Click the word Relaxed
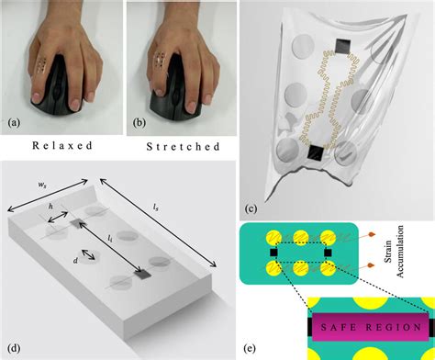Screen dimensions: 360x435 (x=59, y=145)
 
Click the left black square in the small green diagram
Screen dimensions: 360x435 (x=273, y=248)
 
